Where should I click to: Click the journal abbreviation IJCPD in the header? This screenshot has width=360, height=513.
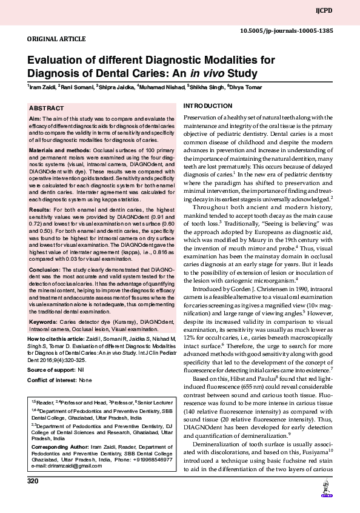click(x=342, y=11)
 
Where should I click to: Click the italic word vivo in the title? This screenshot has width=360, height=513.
click(x=213, y=74)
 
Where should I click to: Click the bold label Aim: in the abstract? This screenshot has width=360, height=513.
click(x=35, y=118)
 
